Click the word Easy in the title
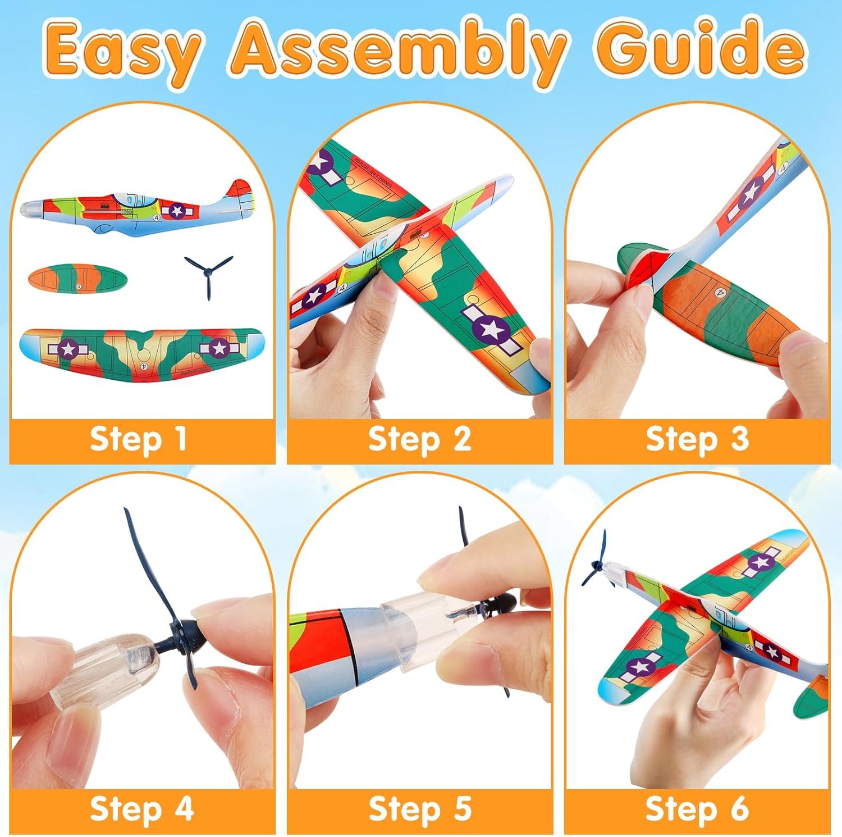pyautogui.click(x=122, y=55)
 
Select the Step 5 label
pyautogui.click(x=419, y=809)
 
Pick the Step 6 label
pyautogui.click(x=697, y=809)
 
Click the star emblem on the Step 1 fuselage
pyautogui.click(x=177, y=211)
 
